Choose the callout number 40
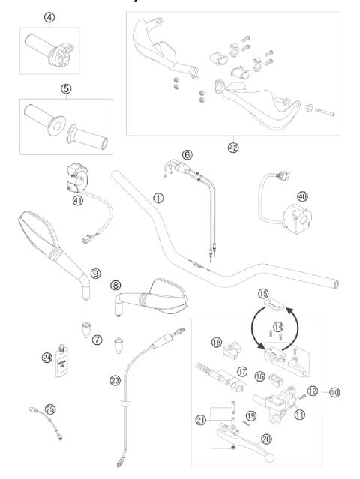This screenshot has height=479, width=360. (x=302, y=196)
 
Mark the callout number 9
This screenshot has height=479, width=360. (x=95, y=274)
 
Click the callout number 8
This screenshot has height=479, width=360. (x=115, y=286)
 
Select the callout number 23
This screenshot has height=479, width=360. (x=115, y=379)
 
